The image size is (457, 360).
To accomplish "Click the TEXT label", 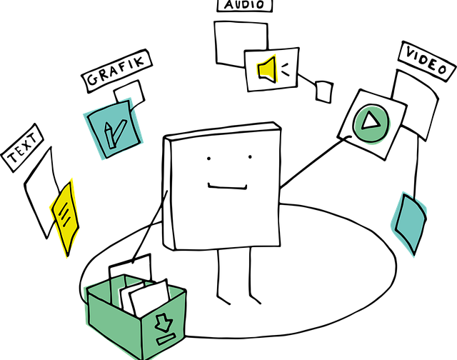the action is click(x=22, y=148).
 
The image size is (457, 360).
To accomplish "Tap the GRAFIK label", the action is click(x=116, y=71).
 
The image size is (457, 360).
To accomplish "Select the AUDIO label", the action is click(x=244, y=5).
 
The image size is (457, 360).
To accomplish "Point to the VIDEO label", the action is click(x=427, y=61).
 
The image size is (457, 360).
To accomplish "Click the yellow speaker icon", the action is click(x=267, y=69).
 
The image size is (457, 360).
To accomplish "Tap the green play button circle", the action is click(x=371, y=123).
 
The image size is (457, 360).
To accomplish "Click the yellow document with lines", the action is click(x=65, y=217).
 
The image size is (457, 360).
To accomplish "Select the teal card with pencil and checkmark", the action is click(x=113, y=129).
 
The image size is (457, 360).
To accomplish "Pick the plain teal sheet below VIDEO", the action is click(x=409, y=224).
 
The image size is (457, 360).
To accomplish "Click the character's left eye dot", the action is click(x=209, y=159).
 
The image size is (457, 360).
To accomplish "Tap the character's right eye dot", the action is click(x=250, y=157).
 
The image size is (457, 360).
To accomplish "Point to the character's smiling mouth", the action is click(x=227, y=187).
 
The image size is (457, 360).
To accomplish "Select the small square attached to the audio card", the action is click(x=324, y=91).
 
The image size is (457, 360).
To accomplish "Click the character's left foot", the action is click(x=224, y=299).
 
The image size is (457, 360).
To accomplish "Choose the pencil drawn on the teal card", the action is click(x=109, y=135).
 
